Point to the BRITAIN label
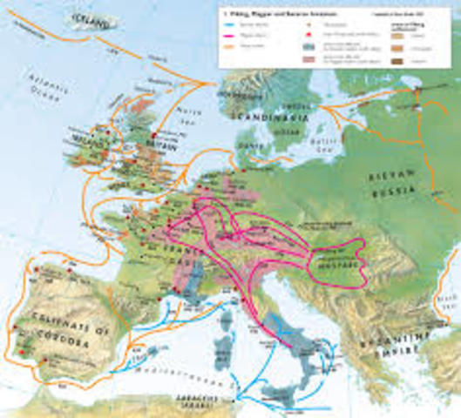(168, 150)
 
